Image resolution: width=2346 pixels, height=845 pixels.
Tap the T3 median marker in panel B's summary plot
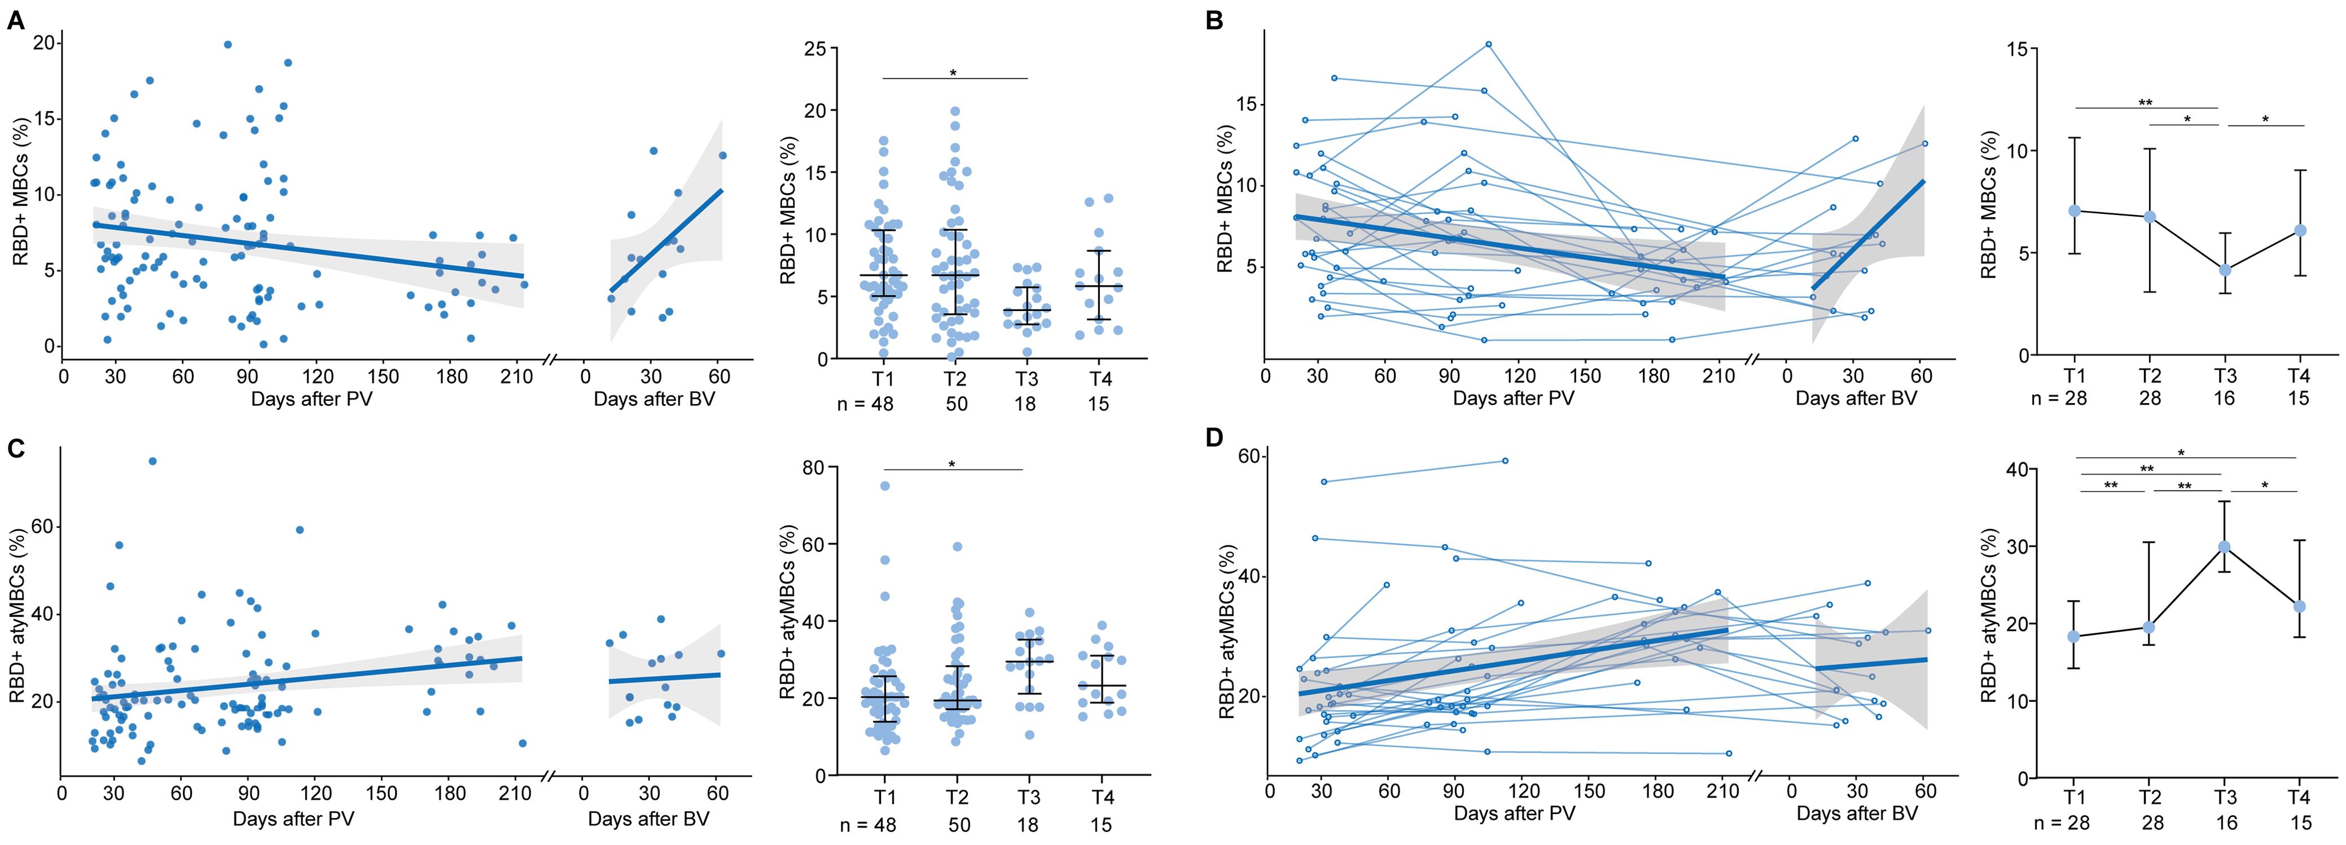[x=2225, y=269]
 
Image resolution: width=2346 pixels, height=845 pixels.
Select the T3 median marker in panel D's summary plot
[x=2225, y=546]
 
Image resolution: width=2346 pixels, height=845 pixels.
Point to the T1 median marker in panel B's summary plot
[x=2075, y=211]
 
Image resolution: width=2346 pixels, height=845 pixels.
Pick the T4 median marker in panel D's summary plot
[x=2299, y=606]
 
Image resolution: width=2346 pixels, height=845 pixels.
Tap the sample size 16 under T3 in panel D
[x=2225, y=823]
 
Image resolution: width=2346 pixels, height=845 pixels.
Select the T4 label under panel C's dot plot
[x=1102, y=798]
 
